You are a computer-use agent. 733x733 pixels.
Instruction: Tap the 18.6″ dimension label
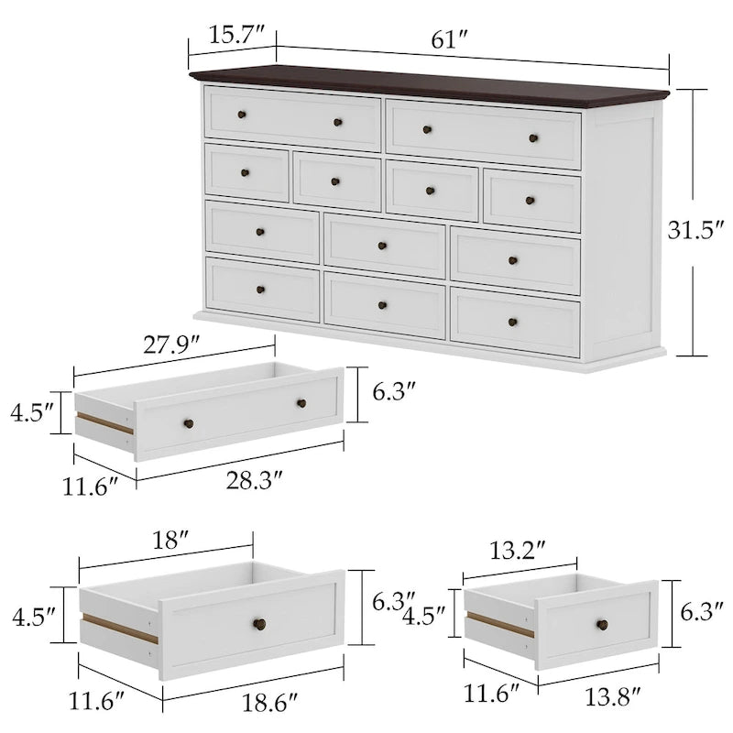coord(270,702)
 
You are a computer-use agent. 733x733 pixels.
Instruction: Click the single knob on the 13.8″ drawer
coord(602,625)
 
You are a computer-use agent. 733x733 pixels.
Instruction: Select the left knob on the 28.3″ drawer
coord(190,422)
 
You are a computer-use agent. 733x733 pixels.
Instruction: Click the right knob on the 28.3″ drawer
coord(301,403)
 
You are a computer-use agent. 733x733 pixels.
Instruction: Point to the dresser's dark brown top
coord(431,83)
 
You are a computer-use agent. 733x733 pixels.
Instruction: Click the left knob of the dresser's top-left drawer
coord(242,114)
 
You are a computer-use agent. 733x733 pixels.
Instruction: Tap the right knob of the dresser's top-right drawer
coord(533,138)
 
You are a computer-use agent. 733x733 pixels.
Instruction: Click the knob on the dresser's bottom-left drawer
coord(260,290)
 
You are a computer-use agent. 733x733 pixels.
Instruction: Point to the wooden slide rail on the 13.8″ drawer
coord(500,625)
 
